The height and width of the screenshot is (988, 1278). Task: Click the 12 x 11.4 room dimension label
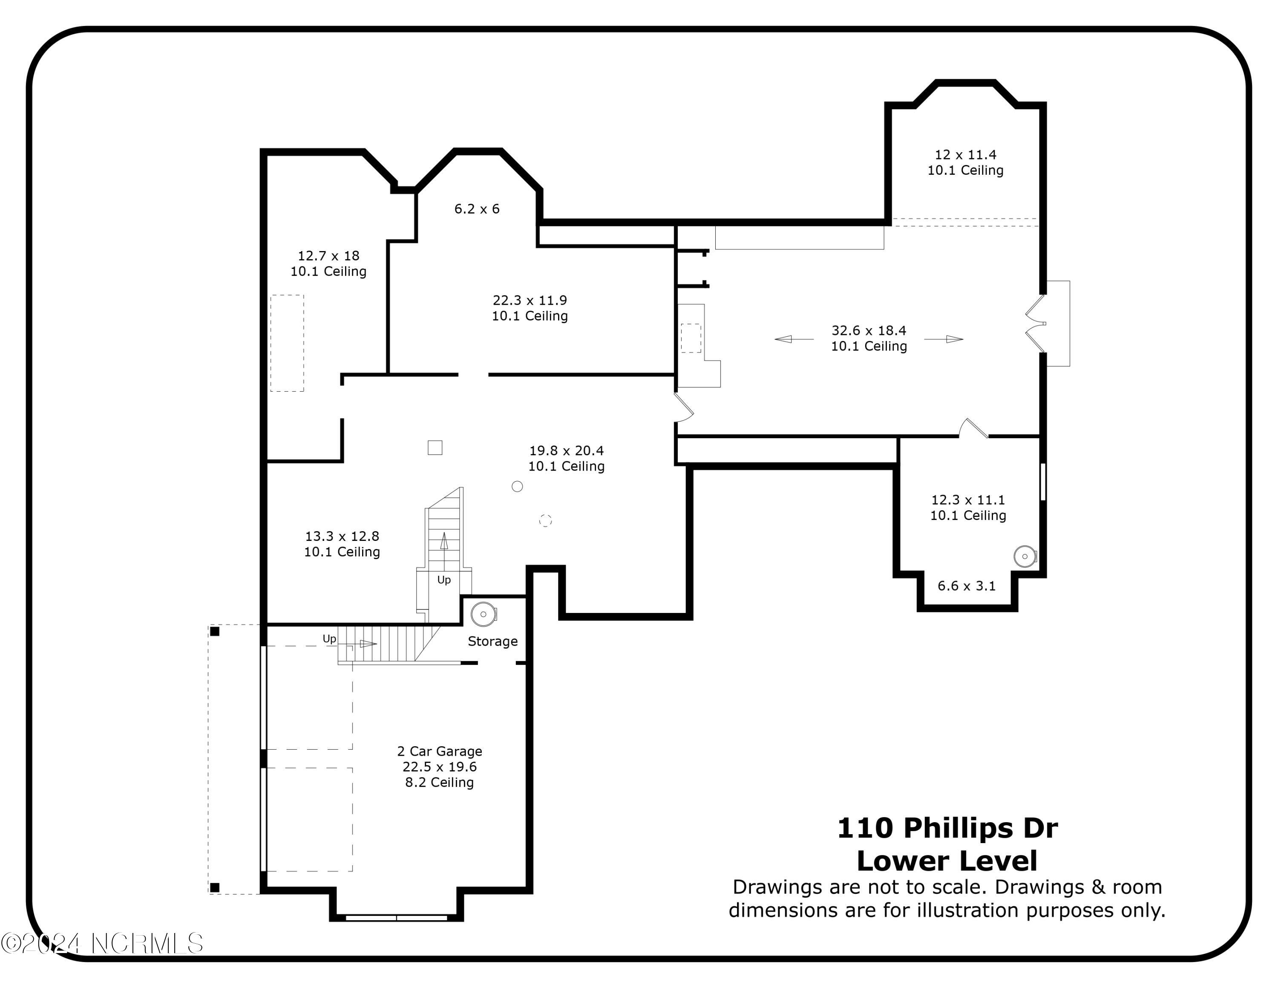pyautogui.click(x=965, y=155)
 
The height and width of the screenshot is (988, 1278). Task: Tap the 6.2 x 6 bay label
pyautogui.click(x=477, y=209)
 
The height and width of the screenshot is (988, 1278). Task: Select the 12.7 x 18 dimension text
pyautogui.click(x=328, y=256)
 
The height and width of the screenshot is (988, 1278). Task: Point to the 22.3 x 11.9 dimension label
pyautogui.click(x=530, y=300)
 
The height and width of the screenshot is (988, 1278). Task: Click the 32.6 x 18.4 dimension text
pyautogui.click(x=869, y=331)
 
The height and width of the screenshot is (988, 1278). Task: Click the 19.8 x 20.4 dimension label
pyautogui.click(x=566, y=451)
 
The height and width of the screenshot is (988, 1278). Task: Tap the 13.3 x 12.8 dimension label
pyautogui.click(x=342, y=536)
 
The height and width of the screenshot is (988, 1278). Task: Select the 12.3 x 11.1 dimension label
pyautogui.click(x=968, y=500)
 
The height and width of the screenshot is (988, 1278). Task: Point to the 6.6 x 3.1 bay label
pyautogui.click(x=966, y=586)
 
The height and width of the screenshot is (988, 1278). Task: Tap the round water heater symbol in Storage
pyautogui.click(x=484, y=614)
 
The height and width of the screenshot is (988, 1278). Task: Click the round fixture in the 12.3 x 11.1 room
pyautogui.click(x=1025, y=556)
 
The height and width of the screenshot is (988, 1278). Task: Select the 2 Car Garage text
pyautogui.click(x=440, y=751)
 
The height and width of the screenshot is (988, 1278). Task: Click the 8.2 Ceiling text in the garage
pyautogui.click(x=440, y=783)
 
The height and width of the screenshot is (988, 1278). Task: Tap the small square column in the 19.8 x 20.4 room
pyautogui.click(x=435, y=447)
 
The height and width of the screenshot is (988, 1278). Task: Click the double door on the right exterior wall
pyautogui.click(x=1036, y=323)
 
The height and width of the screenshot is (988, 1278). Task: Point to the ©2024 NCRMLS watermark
pyautogui.click(x=102, y=944)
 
